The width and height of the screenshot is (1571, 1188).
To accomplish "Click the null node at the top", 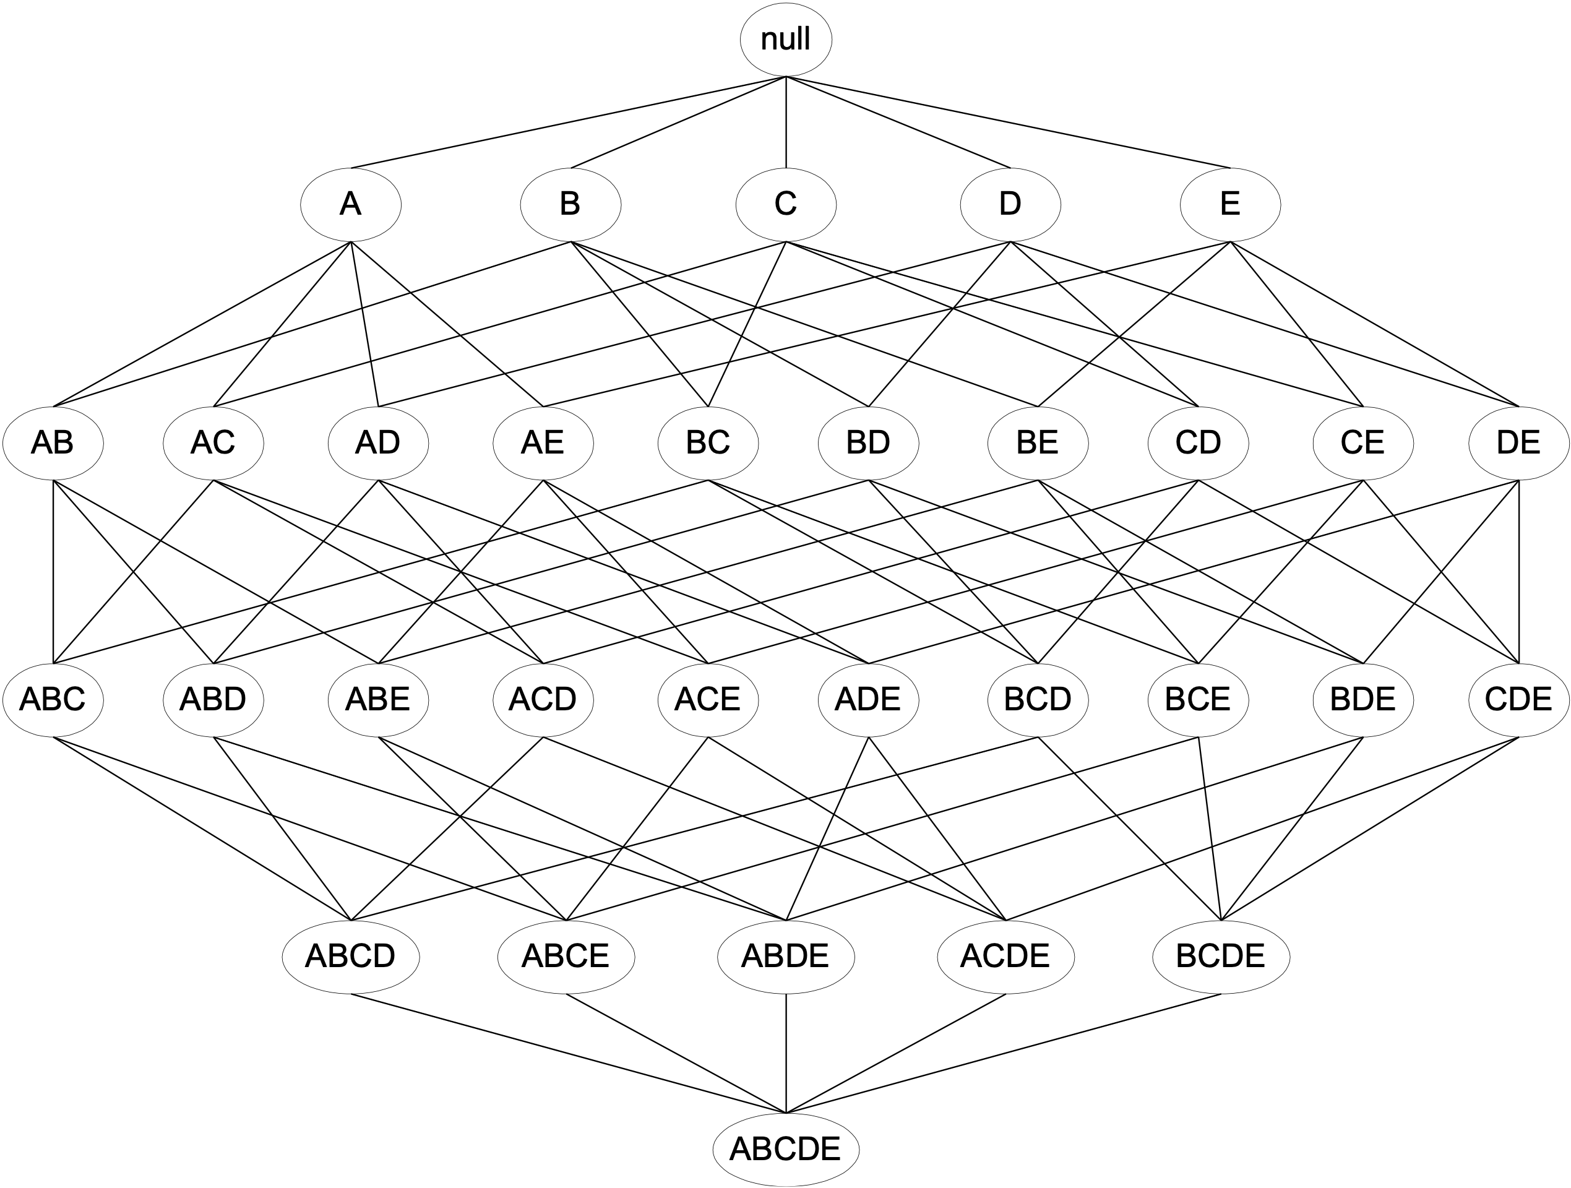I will [x=786, y=40].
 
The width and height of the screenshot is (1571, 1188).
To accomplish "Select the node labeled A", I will [x=350, y=205].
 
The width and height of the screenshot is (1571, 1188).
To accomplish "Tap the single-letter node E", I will [x=1230, y=205].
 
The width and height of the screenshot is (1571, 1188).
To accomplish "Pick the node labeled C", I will [x=786, y=205].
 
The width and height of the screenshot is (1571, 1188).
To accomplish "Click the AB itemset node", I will [x=53, y=443].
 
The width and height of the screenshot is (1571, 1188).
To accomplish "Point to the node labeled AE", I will [x=543, y=443].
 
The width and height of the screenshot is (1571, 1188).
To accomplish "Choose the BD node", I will [x=868, y=443].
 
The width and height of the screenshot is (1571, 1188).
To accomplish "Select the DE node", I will [x=1518, y=443].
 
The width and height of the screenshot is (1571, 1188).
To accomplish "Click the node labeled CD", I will [x=1198, y=443].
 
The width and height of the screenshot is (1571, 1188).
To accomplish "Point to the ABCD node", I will [x=350, y=957].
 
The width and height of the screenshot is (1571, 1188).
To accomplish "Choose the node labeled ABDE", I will [x=786, y=957].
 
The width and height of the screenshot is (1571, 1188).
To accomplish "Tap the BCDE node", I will [x=1221, y=957].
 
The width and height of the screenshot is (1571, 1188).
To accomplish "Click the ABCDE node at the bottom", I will [x=786, y=1149].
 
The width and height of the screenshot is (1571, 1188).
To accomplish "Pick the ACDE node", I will [x=1005, y=957].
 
